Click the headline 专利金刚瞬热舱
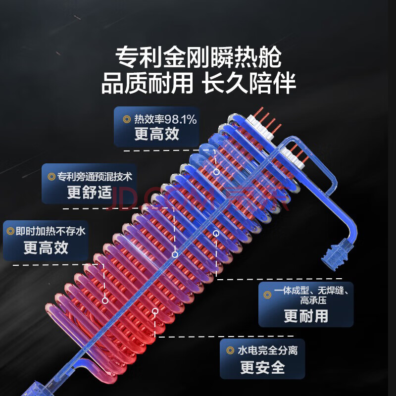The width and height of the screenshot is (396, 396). coord(198,58)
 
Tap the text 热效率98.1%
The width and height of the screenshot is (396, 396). coord(165,119)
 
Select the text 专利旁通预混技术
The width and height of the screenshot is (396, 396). coord(95,176)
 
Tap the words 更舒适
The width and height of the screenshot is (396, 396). coord(90,192)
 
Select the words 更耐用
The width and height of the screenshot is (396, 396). coord(305,315)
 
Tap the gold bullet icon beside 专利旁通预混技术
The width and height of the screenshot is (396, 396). coord(51,176)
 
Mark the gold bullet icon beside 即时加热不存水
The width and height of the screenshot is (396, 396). coord(10,231)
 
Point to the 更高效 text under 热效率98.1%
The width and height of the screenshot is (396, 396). coord(156,134)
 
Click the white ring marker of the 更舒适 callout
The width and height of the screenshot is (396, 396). coord(175,254)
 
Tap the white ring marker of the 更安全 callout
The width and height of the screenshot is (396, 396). coord(155,311)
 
